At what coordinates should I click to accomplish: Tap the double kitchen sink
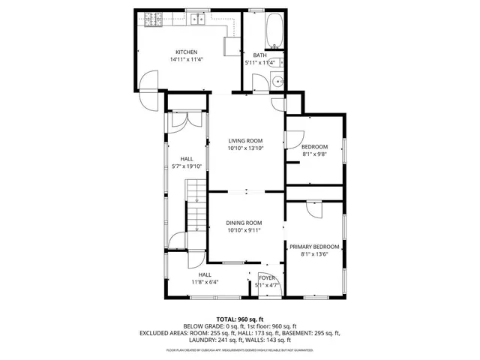(x=199, y=19)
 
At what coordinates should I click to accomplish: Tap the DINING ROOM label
(x=244, y=222)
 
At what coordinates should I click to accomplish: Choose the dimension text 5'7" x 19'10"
(x=187, y=166)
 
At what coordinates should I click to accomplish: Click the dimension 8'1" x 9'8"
(x=314, y=154)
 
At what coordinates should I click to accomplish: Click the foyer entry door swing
(x=267, y=290)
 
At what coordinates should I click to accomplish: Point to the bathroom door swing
(x=259, y=82)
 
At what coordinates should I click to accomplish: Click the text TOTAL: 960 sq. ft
(x=240, y=319)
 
